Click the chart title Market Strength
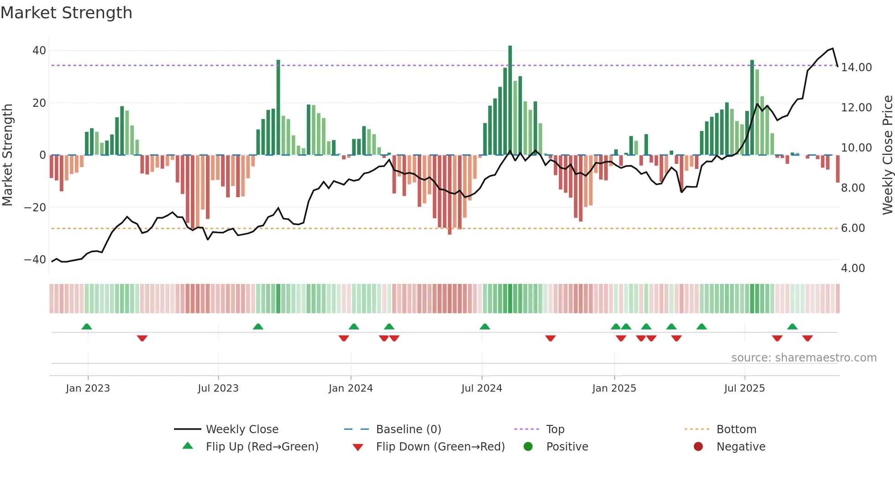pyautogui.click(x=66, y=13)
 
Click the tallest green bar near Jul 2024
pyautogui.click(x=510, y=100)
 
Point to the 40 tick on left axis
pyautogui.click(x=39, y=51)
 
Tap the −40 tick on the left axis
pyautogui.click(x=35, y=260)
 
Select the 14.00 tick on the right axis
pyautogui.click(x=856, y=68)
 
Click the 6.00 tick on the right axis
pyautogui.click(x=853, y=228)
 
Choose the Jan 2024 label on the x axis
pyautogui.click(x=350, y=388)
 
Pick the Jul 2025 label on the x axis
pyautogui.click(x=744, y=388)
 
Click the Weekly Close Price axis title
pyautogui.click(x=887, y=155)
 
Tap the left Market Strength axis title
pyautogui.click(x=7, y=155)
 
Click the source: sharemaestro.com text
pyautogui.click(x=804, y=358)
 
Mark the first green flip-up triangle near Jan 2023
pyautogui.click(x=87, y=326)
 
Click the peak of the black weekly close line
pyautogui.click(x=832, y=48)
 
